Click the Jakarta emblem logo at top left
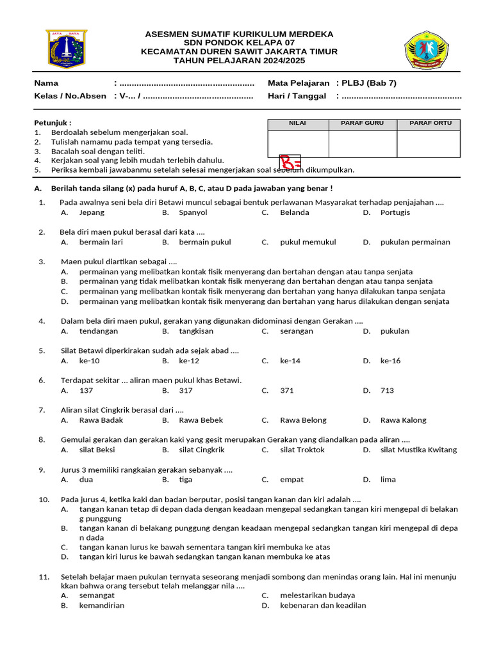tap(65, 49)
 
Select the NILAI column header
tap(297, 123)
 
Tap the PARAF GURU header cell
tap(362, 123)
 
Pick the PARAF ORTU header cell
tap(430, 123)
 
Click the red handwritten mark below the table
tap(290, 163)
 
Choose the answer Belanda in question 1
tap(294, 212)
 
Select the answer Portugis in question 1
tap(395, 212)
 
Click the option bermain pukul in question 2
tap(205, 242)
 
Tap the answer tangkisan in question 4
tap(196, 331)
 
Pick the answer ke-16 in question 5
tap(390, 361)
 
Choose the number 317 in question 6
tap(186, 390)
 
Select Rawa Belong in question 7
tap(303, 420)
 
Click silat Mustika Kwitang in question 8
tap(418, 450)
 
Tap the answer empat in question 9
tap(291, 479)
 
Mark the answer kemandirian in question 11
tap(102, 605)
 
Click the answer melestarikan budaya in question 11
tap(317, 595)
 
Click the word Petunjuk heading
tap(53, 123)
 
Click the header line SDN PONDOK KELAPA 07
tap(239, 43)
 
